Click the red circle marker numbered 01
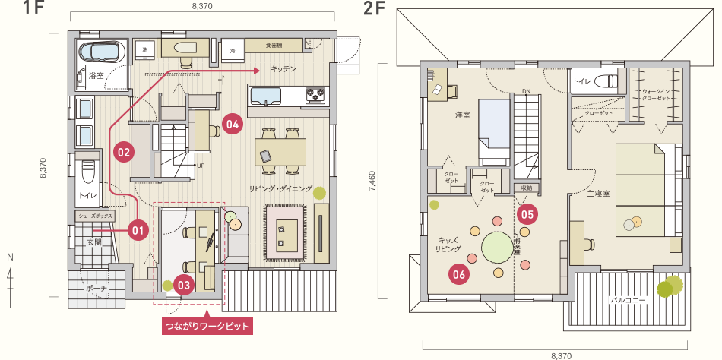138,228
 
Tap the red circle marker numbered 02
124,151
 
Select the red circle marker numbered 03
184,284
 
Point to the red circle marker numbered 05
529,214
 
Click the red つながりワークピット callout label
207,327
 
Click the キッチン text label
283,69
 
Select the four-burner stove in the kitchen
316,95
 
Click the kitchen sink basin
267,96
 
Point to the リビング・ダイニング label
280,188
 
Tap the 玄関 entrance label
93,242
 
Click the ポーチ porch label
97,289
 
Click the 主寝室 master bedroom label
600,194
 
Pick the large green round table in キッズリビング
499,247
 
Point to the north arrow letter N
10,257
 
